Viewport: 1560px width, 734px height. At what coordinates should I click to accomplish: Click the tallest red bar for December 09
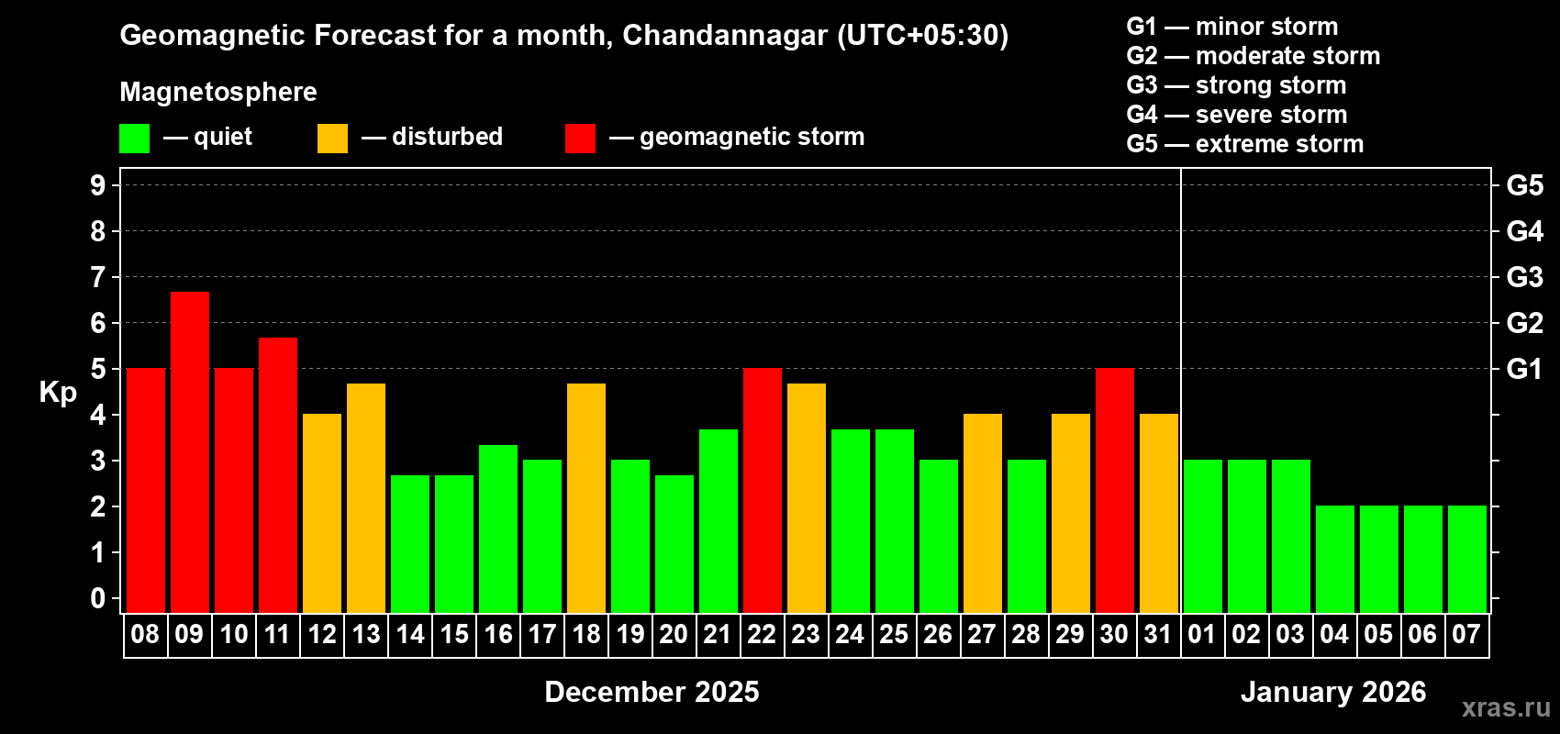(190, 451)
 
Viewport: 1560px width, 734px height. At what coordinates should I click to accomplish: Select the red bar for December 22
(763, 490)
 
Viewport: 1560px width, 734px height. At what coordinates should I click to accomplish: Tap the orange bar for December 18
(586, 497)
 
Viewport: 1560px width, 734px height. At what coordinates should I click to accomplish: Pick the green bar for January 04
(1335, 559)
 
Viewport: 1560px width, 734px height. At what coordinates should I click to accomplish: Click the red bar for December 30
(1115, 490)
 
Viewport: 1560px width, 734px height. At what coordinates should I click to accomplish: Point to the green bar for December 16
(498, 528)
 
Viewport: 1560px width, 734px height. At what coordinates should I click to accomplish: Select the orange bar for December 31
(1159, 513)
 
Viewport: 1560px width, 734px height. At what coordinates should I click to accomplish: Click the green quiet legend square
(135, 139)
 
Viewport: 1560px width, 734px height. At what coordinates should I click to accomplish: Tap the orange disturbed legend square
(332, 139)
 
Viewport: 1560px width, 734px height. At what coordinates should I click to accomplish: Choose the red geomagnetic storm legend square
(580, 139)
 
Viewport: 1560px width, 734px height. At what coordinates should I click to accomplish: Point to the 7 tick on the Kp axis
(98, 277)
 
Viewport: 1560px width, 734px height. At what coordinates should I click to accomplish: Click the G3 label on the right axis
(1524, 277)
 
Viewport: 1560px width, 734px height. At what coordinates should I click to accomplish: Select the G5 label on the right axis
(1524, 185)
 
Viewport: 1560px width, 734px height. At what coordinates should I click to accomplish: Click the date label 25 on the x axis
(894, 635)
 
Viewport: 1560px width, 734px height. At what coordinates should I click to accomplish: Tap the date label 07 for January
(1466, 635)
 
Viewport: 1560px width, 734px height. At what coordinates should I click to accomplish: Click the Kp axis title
(58, 393)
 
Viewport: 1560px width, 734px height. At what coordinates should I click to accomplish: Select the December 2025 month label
(652, 692)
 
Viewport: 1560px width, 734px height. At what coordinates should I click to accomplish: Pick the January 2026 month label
(1333, 692)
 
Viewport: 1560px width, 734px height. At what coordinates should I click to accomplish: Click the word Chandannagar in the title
(725, 36)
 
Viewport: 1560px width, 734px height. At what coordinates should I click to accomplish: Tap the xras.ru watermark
(1506, 707)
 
